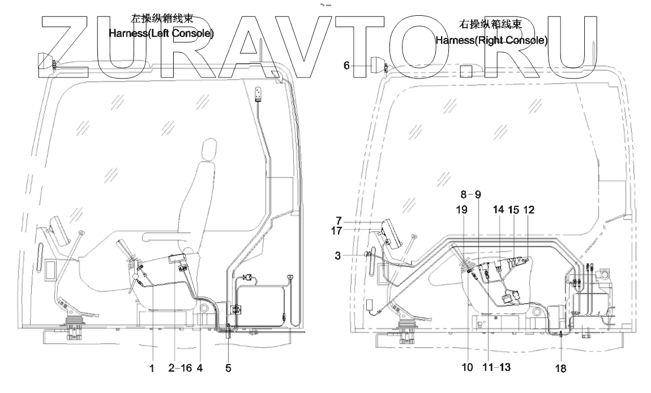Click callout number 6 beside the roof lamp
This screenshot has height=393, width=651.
click(x=346, y=66)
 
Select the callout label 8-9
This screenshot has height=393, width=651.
click(x=470, y=194)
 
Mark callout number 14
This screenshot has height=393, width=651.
click(x=498, y=210)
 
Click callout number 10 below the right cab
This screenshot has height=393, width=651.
click(x=467, y=368)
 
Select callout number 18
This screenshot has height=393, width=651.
click(x=561, y=368)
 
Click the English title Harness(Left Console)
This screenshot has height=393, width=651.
click(x=162, y=33)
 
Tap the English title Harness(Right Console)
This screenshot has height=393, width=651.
click(x=491, y=41)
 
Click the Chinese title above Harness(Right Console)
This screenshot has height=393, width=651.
click(x=491, y=25)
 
